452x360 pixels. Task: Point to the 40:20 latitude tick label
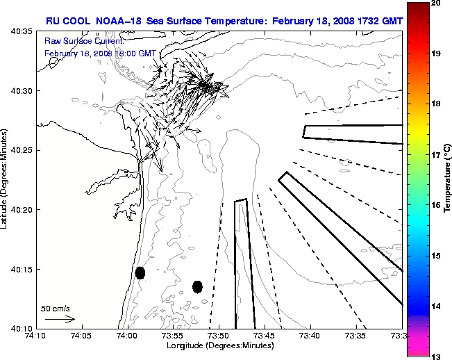[22, 209]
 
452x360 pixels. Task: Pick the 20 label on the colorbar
[435, 3]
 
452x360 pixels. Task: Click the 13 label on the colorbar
[435, 357]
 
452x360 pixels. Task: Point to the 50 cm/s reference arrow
[60, 319]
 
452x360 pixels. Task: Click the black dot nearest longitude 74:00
[140, 272]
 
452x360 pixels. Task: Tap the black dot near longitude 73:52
[197, 286]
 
